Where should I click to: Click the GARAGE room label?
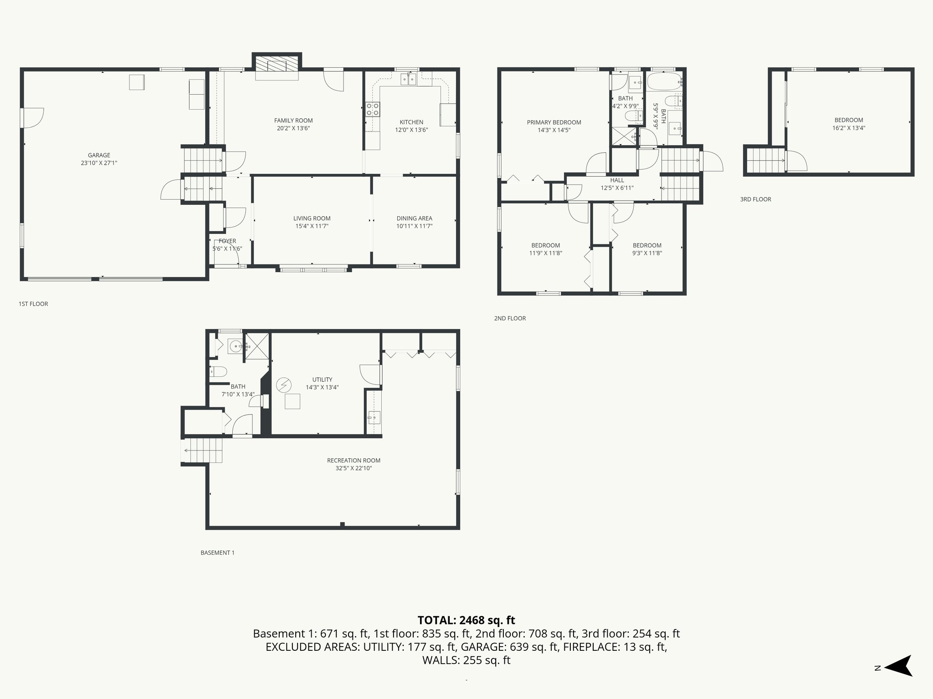[99, 155]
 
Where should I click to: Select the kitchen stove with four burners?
[373, 109]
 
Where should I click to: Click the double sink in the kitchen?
[408, 80]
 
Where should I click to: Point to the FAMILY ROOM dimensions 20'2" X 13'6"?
[293, 128]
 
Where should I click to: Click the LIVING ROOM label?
[312, 218]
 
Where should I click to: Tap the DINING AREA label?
[414, 218]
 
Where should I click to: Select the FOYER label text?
[227, 241]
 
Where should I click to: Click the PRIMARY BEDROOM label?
[554, 122]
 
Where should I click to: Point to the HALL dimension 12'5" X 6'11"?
[617, 188]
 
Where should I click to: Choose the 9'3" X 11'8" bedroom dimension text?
[647, 253]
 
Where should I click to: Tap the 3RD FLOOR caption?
[755, 199]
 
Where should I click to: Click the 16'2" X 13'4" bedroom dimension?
[848, 128]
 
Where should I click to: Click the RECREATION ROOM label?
[354, 461]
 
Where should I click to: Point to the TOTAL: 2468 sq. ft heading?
[466, 620]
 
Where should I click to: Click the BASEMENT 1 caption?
[217, 553]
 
